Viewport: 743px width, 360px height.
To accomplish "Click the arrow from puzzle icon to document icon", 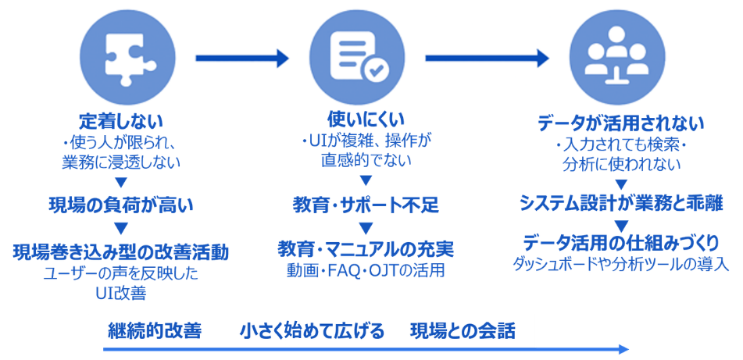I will coord(243,57).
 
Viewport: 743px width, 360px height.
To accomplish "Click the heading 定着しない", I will coord(120,122).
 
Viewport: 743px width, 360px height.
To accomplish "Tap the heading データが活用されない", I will coord(621,123).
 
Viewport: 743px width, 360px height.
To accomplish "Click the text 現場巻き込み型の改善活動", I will coord(120,251).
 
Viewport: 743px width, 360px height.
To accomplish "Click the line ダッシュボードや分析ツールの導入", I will coord(621,264).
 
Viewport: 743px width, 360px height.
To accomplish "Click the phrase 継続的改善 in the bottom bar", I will coord(155,331).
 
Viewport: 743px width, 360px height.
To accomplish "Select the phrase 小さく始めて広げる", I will coord(313,331).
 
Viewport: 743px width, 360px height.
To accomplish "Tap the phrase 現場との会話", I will coord(463,331).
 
